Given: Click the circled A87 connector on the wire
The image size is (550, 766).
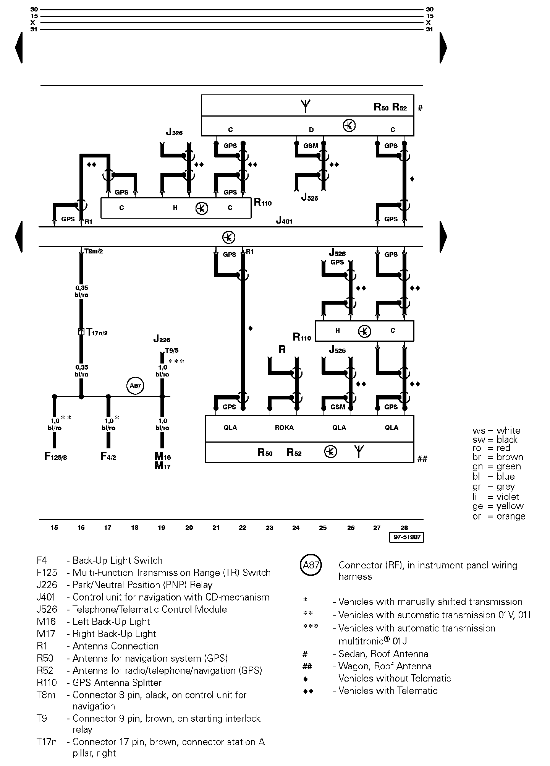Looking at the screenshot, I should [135, 386].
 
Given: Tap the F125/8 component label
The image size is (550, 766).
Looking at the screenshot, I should [56, 456].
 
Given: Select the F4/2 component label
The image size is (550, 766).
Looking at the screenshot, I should [108, 456].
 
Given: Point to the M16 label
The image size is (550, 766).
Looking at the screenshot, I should [163, 456].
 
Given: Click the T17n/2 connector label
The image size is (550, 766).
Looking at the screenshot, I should [97, 332].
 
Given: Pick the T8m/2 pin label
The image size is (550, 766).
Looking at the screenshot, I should [94, 252].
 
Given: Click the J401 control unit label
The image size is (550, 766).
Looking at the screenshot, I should [284, 221].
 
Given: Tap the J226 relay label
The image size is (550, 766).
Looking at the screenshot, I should [162, 339].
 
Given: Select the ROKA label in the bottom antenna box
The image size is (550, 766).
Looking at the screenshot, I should [284, 428].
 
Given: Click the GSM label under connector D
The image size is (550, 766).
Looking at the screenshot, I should [311, 146].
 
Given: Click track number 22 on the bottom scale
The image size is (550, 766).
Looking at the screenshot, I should [243, 528].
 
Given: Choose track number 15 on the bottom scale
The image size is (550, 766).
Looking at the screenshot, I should [54, 528].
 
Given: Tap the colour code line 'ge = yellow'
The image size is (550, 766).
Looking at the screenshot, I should [498, 506].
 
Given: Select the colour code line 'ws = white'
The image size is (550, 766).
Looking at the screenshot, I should [496, 431].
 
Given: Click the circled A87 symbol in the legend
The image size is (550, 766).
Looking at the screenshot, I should [311, 565].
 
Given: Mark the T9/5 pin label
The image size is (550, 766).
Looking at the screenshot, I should [171, 350].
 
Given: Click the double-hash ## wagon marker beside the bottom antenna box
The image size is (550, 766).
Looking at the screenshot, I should [422, 459].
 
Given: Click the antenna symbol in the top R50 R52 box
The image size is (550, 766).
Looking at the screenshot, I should [306, 105].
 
